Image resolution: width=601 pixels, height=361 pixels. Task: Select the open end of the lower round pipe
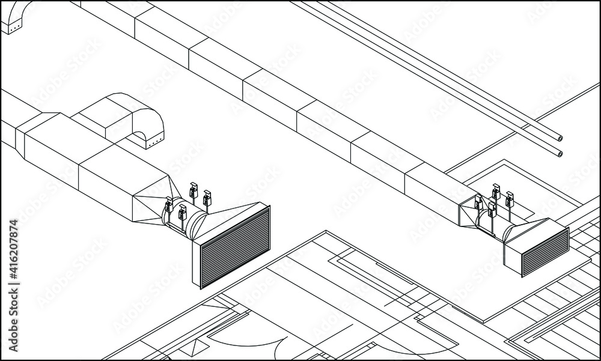[560, 154]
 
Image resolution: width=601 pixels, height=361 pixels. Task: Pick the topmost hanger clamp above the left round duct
[194, 190]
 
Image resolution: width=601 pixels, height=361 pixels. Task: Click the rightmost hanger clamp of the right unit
[510, 199]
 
